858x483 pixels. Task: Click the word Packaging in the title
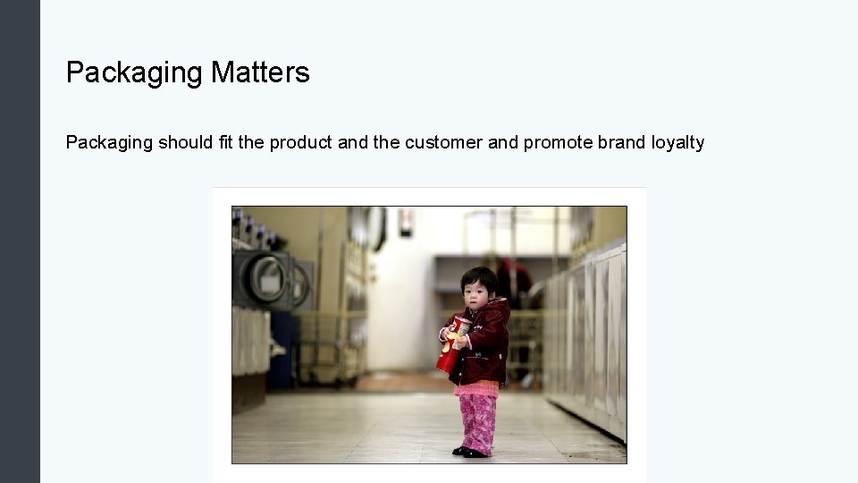[x=135, y=72]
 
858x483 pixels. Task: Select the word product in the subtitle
[x=300, y=142]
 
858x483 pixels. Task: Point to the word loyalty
[x=677, y=142]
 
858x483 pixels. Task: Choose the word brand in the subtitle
[x=622, y=142]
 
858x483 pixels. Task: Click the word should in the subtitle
[x=185, y=142]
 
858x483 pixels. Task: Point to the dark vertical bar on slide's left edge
[x=20, y=241]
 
